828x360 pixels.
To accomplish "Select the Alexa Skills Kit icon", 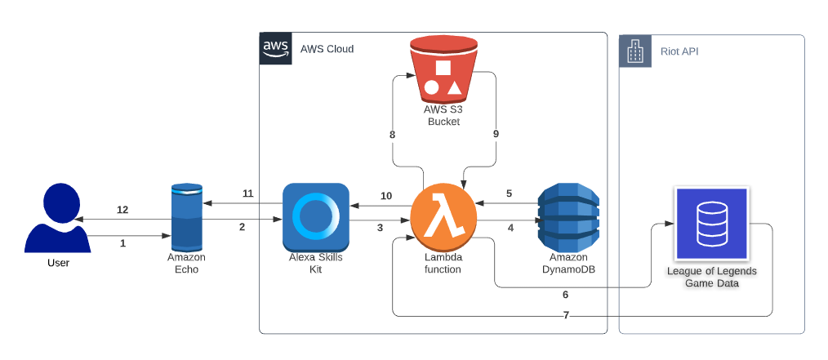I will click(316, 217).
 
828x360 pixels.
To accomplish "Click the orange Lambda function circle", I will click(443, 218).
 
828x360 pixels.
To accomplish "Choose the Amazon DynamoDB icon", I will click(569, 217).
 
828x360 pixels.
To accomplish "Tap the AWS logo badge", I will click(275, 48).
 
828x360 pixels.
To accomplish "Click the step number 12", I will click(122, 210).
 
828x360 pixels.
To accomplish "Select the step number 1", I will click(123, 243).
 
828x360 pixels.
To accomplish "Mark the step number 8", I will click(392, 133).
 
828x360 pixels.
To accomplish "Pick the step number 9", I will click(496, 133).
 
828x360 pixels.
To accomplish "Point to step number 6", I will click(565, 295).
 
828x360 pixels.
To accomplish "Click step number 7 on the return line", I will click(565, 315).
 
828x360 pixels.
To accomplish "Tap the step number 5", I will click(509, 193).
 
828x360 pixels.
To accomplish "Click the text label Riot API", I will click(679, 51).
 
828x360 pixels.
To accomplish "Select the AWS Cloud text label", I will click(327, 49).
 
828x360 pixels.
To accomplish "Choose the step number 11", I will click(248, 193).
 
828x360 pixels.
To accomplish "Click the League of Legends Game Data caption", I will click(711, 278).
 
